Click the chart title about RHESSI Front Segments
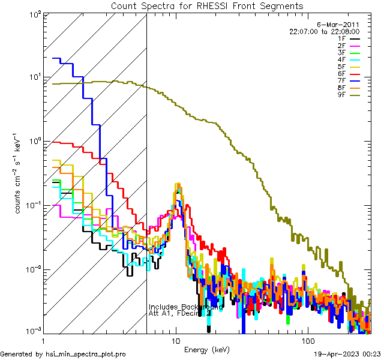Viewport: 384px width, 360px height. (x=207, y=5)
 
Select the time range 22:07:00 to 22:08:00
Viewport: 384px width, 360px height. (x=324, y=31)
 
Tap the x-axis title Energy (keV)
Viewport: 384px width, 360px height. (x=207, y=349)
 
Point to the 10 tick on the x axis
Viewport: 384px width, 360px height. (x=175, y=340)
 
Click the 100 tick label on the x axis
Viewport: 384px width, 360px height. (x=307, y=340)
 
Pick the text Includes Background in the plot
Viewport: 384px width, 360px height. (x=185, y=307)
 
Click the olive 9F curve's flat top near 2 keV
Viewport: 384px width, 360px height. (x=83, y=82)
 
